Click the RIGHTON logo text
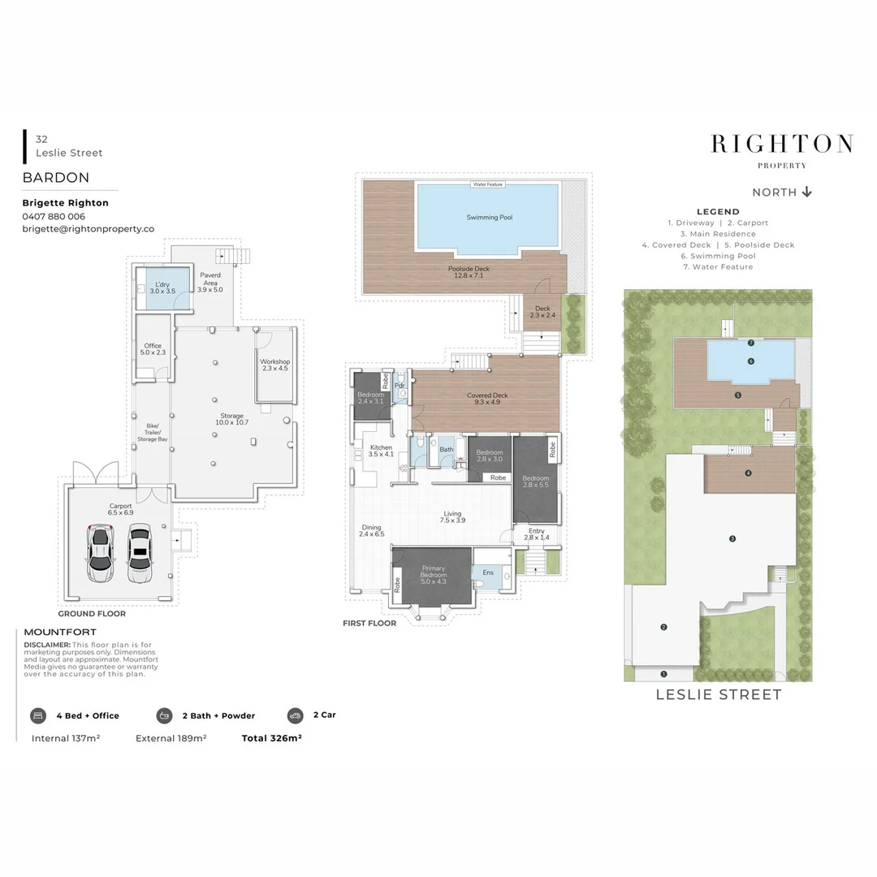[781, 145]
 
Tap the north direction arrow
[806, 192]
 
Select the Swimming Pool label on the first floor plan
[489, 217]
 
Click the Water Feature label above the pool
[488, 184]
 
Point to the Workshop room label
[274, 365]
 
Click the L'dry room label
[162, 287]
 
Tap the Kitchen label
[381, 451]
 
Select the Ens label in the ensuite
[488, 572]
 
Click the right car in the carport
[140, 553]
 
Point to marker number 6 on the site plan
[751, 361]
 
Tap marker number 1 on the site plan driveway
[663, 674]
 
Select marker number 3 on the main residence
[732, 538]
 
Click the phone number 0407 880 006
[54, 217]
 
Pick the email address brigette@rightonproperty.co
[88, 230]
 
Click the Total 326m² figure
[271, 738]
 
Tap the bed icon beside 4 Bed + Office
[38, 715]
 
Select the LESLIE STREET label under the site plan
[718, 694]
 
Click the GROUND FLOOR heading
[92, 614]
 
